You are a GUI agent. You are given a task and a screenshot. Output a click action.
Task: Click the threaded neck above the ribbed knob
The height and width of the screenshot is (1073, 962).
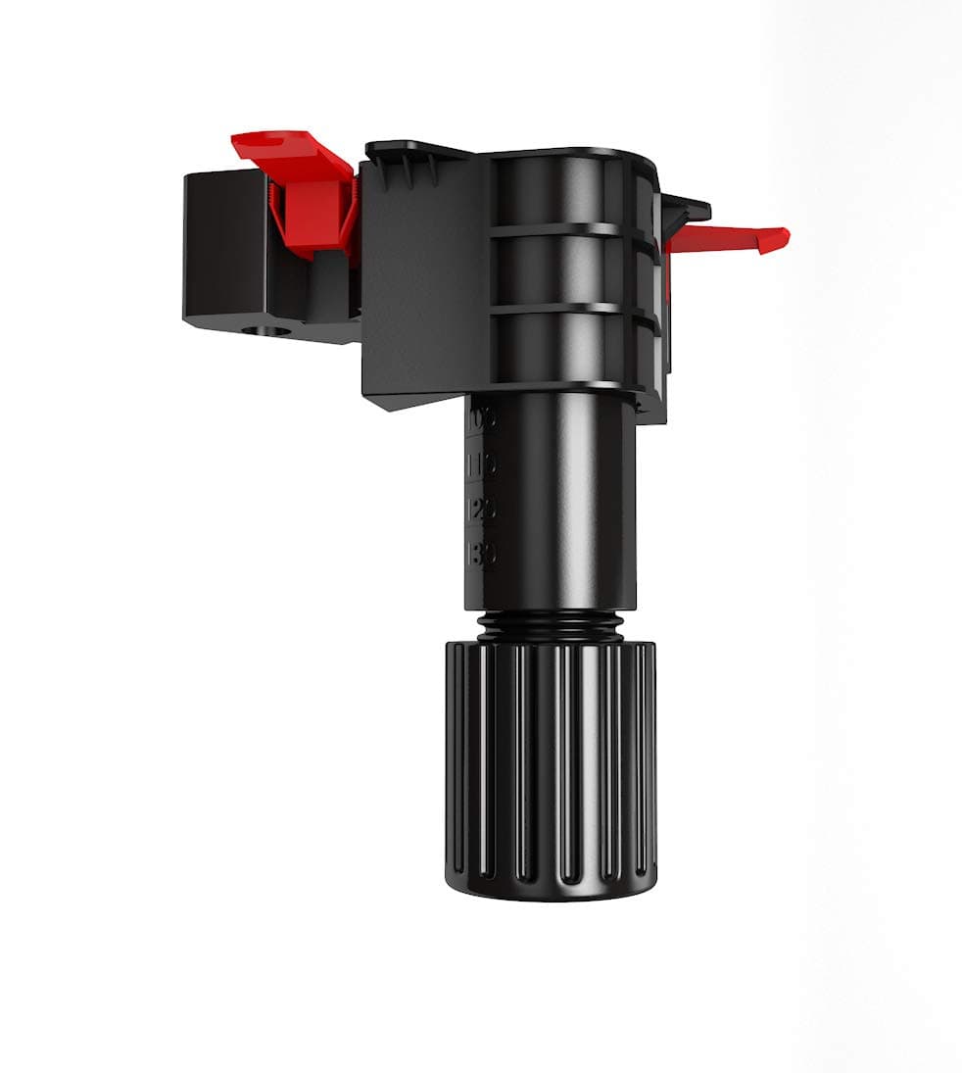(x=551, y=623)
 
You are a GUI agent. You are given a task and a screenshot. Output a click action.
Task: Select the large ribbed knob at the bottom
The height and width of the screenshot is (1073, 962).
(x=551, y=764)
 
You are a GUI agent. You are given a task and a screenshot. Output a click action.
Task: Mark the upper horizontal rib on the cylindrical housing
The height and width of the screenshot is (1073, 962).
(x=558, y=231)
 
